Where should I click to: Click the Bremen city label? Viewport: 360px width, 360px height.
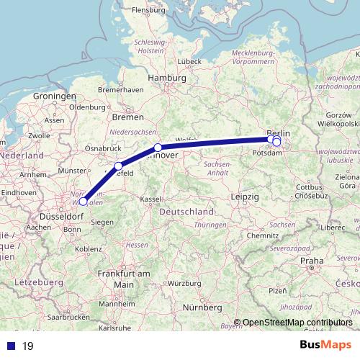[128, 116]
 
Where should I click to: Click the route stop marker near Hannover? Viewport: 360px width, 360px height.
[158, 148]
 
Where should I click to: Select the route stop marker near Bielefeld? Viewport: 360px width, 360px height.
[118, 166]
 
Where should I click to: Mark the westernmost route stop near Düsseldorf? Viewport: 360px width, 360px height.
[83, 202]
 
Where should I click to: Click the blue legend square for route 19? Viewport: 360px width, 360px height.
[10, 346]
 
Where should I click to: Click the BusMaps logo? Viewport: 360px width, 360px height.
[325, 345]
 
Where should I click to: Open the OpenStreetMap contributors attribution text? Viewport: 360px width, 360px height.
[293, 323]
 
